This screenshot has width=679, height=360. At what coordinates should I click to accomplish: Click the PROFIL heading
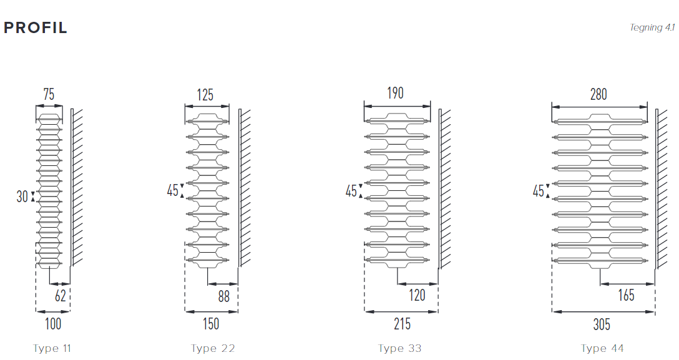coord(36,27)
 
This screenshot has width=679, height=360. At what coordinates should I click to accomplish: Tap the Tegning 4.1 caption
coord(652,27)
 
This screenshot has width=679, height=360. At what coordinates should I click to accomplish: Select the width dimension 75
coord(49,94)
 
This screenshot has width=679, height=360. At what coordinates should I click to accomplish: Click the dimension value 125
coord(205,95)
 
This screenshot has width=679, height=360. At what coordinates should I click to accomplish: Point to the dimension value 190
coord(395,93)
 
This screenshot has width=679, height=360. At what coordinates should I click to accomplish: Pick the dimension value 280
coord(598,94)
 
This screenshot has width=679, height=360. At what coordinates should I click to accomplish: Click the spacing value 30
coord(22,197)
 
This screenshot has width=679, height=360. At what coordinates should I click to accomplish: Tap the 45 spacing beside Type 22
coord(173,190)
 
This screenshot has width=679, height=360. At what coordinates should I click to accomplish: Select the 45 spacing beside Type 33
coord(351,191)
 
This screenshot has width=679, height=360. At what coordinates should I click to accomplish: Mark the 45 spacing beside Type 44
coord(538,191)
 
